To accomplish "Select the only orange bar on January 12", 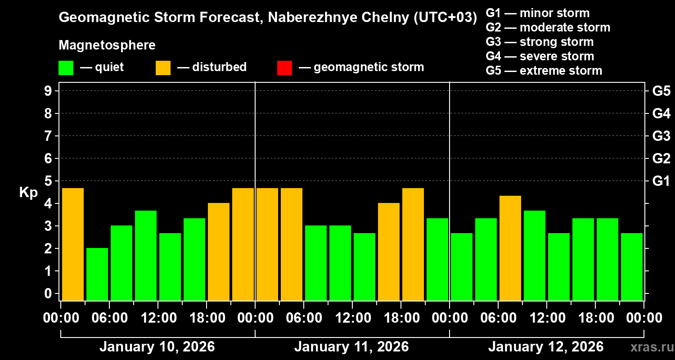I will pos(510,247).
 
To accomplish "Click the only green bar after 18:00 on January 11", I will pos(437,259).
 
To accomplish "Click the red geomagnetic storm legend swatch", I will pos(284,68).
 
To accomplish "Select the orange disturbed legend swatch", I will pos(163,68).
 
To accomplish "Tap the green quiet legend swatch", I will pos(66,68).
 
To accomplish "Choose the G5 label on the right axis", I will pos(661,91).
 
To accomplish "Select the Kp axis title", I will pos(28,193).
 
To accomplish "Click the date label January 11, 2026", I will pos(351,347).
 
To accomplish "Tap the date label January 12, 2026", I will pos(546,347).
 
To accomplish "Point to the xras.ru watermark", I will pos(648,347).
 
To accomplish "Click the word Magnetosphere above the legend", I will pos(107,45).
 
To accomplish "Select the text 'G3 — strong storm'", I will pos(540,42).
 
